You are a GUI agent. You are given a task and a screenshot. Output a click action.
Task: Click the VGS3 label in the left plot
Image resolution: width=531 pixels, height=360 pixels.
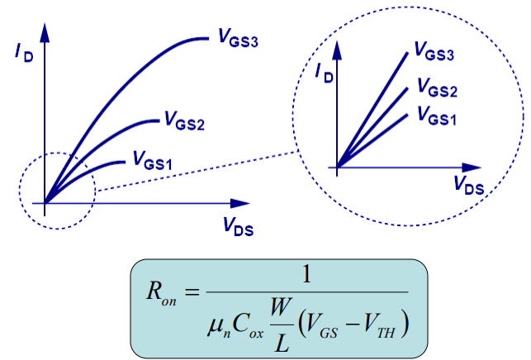(x=239, y=38)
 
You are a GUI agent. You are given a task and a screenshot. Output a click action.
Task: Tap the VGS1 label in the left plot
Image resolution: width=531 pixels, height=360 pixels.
(x=151, y=162)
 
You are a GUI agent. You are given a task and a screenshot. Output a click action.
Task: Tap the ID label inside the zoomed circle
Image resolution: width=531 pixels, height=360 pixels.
(x=325, y=73)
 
